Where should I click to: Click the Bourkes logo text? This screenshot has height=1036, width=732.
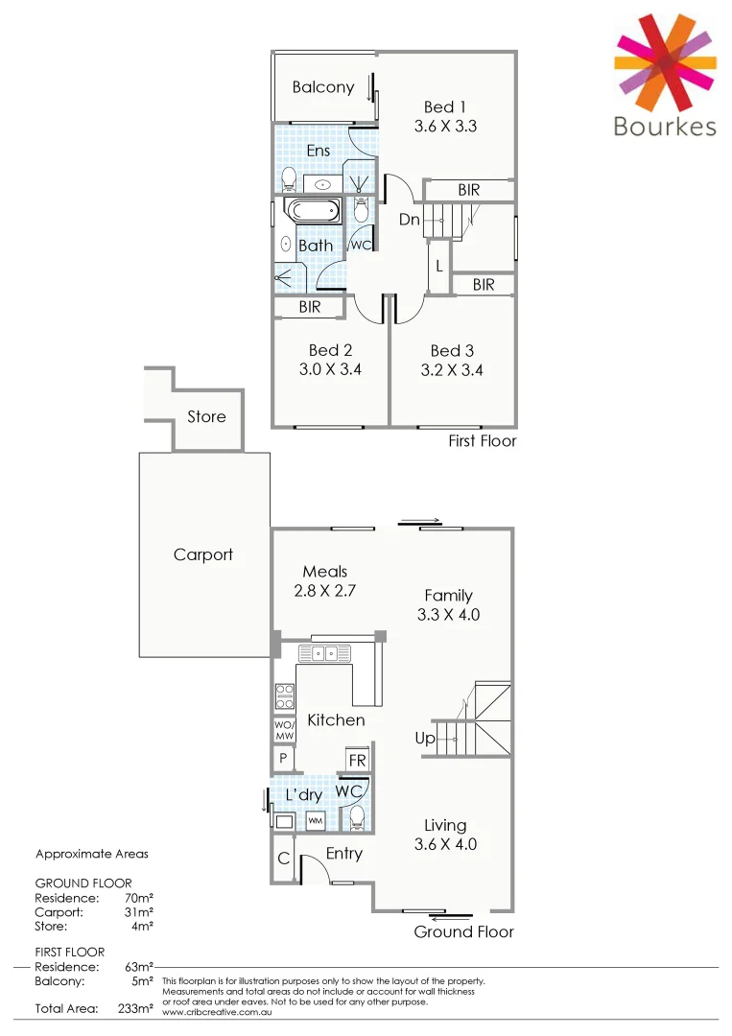click(x=665, y=127)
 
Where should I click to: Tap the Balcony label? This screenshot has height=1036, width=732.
click(x=323, y=87)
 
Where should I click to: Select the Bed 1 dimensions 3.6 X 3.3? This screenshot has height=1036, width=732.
click(x=445, y=125)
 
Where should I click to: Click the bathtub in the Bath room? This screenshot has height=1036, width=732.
click(x=313, y=212)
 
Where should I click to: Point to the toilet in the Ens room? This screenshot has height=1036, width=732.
click(x=289, y=177)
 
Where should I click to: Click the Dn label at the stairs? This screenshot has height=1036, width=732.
click(x=410, y=220)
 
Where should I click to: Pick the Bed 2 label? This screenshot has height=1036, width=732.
click(x=330, y=350)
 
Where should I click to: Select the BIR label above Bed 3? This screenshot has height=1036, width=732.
click(x=483, y=285)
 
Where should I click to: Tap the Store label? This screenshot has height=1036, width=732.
click(x=206, y=416)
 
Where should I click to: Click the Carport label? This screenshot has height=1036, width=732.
click(x=202, y=554)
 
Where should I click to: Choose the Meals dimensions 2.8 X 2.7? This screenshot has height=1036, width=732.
click(x=324, y=591)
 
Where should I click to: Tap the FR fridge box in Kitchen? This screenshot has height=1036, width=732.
click(x=357, y=761)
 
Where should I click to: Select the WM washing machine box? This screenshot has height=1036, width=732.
click(x=316, y=822)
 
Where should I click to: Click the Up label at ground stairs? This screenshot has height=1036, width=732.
click(x=424, y=739)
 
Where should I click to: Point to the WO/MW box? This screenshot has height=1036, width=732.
click(x=284, y=730)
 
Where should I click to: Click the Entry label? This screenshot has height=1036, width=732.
click(x=343, y=853)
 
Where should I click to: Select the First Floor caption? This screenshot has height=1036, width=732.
click(x=482, y=441)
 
